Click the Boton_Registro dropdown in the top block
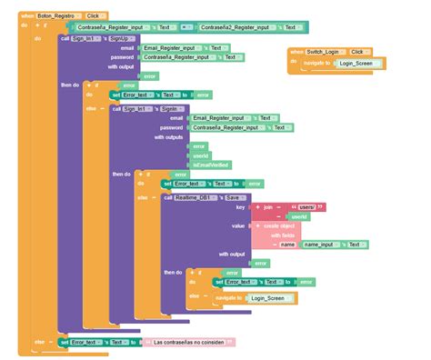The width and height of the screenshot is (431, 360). click(55, 16)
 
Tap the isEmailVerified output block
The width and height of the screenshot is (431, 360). click(211, 164)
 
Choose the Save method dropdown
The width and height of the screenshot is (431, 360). click(233, 195)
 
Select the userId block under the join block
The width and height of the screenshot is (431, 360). click(297, 216)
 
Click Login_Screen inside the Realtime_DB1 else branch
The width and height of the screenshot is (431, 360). click(268, 297)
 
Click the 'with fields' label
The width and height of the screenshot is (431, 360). click(281, 235)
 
